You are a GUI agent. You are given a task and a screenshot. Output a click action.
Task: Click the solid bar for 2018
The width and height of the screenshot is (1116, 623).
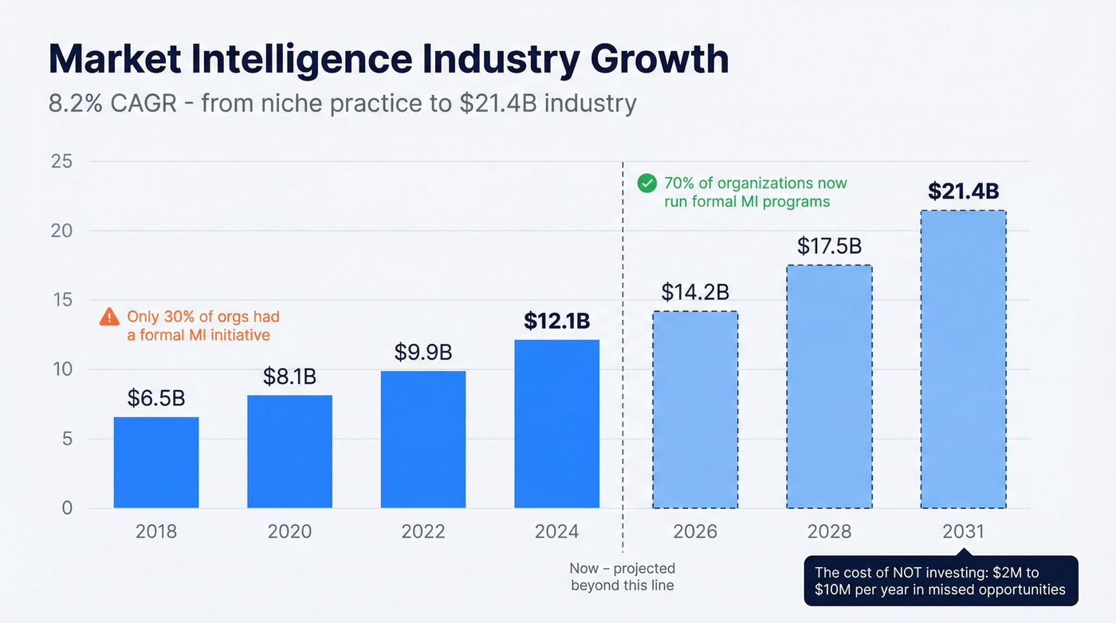click(x=156, y=463)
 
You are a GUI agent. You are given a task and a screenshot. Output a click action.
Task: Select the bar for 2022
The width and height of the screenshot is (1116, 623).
click(x=423, y=440)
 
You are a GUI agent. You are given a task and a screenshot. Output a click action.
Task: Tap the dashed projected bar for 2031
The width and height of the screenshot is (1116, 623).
click(x=963, y=359)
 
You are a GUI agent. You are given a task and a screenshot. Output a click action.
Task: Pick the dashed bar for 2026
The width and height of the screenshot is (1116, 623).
click(x=695, y=410)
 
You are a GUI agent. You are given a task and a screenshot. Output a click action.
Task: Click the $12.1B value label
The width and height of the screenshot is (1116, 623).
click(x=556, y=321)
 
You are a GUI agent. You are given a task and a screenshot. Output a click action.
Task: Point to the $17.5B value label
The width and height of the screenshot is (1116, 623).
click(x=829, y=246)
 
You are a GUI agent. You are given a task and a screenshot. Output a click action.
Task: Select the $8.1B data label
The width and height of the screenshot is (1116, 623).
click(x=289, y=376)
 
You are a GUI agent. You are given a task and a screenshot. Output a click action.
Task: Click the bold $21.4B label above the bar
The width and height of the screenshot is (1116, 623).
click(x=963, y=191)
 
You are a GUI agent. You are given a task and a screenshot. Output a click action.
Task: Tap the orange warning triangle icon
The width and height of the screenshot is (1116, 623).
click(x=109, y=317)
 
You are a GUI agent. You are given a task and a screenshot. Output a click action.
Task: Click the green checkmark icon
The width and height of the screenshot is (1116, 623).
click(x=647, y=183)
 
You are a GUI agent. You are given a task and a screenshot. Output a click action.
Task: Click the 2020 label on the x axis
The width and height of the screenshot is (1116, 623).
click(x=289, y=532)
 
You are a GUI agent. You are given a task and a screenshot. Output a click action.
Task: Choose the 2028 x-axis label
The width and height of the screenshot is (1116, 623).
click(x=829, y=532)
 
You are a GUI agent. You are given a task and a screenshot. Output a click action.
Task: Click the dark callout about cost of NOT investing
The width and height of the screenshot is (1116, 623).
click(x=941, y=581)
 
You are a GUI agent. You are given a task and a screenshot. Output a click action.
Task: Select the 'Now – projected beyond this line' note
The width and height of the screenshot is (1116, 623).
click(x=622, y=577)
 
